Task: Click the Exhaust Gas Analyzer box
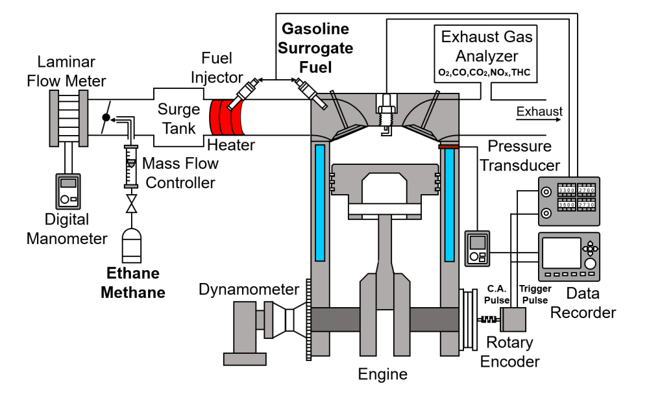click(486, 53)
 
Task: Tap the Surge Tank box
click(178, 117)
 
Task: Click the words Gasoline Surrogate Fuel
click(317, 48)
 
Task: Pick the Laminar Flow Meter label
click(66, 71)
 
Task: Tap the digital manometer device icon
click(67, 193)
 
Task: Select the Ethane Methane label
click(133, 282)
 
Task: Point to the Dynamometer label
click(249, 289)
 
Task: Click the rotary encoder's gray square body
click(513, 319)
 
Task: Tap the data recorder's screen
click(561, 253)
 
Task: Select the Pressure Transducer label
click(519, 156)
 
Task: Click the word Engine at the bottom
click(383, 375)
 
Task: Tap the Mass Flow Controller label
click(179, 173)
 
